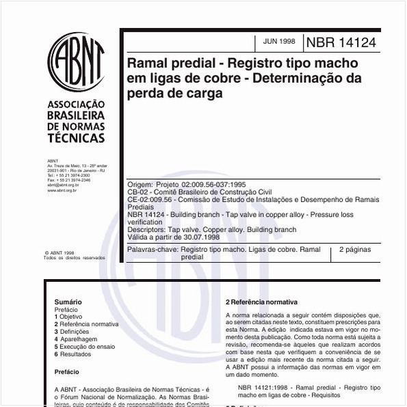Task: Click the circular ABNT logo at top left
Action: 76,61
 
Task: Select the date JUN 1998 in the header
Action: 279,42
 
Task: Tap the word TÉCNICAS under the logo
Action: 76,138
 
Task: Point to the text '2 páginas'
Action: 354,250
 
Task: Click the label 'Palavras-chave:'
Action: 152,250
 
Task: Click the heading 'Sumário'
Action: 68,302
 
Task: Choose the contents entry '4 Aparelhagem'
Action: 76,339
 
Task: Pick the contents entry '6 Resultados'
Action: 74,354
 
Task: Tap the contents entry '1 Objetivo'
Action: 68,317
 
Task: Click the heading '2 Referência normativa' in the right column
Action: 262,302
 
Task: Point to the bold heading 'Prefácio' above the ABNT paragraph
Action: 66,372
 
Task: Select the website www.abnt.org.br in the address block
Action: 62,190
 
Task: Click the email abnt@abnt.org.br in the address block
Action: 63,185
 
